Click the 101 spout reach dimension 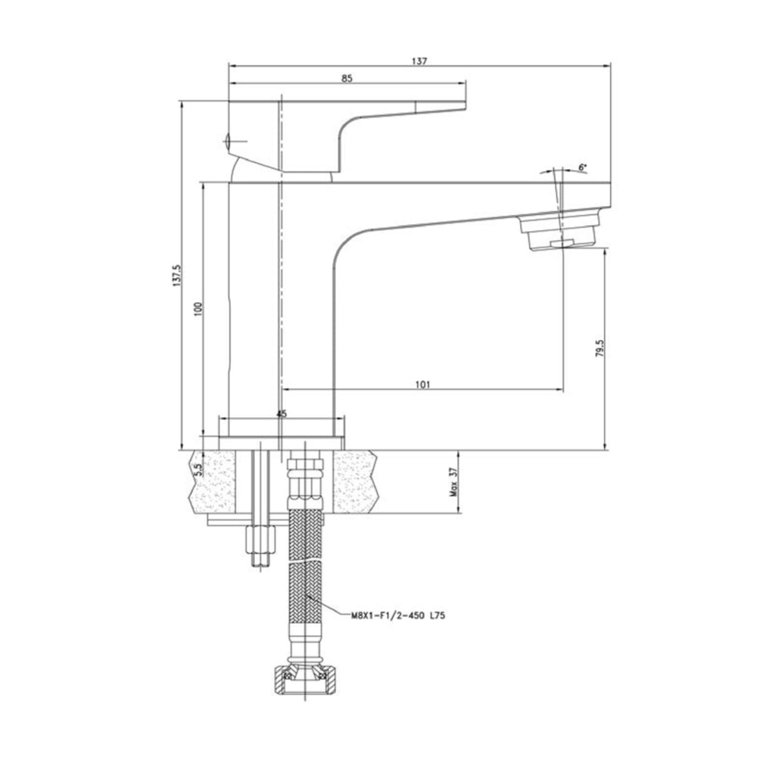point(422,385)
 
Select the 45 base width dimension point(282,414)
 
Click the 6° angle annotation point(582,167)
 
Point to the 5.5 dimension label point(198,469)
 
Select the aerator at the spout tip point(562,233)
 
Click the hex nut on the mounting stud point(260,541)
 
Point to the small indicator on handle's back point(231,140)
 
